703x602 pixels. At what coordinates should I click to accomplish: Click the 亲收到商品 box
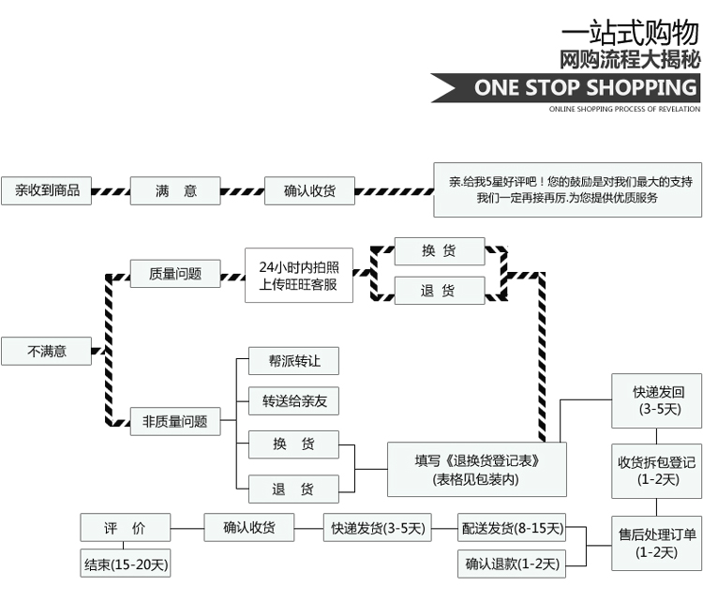47,190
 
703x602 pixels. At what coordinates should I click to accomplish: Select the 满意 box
175,191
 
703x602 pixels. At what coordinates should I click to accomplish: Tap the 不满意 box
47,351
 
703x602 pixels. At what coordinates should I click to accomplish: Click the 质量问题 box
175,274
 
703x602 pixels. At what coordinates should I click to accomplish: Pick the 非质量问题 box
175,421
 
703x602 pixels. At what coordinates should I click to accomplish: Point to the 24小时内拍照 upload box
299,275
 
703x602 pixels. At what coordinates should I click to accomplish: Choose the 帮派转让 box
292,361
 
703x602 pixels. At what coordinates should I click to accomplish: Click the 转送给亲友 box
292,401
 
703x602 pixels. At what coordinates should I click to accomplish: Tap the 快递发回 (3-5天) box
659,399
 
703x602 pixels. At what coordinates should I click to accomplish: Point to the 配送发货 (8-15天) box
513,529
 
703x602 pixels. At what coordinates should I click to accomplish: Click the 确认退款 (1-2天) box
513,564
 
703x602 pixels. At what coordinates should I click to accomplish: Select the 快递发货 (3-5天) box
377,529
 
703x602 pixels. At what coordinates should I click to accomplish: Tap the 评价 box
125,528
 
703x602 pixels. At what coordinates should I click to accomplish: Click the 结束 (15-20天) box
125,564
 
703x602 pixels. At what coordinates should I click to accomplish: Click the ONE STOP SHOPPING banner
572,88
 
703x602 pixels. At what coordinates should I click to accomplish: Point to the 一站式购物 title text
629,33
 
